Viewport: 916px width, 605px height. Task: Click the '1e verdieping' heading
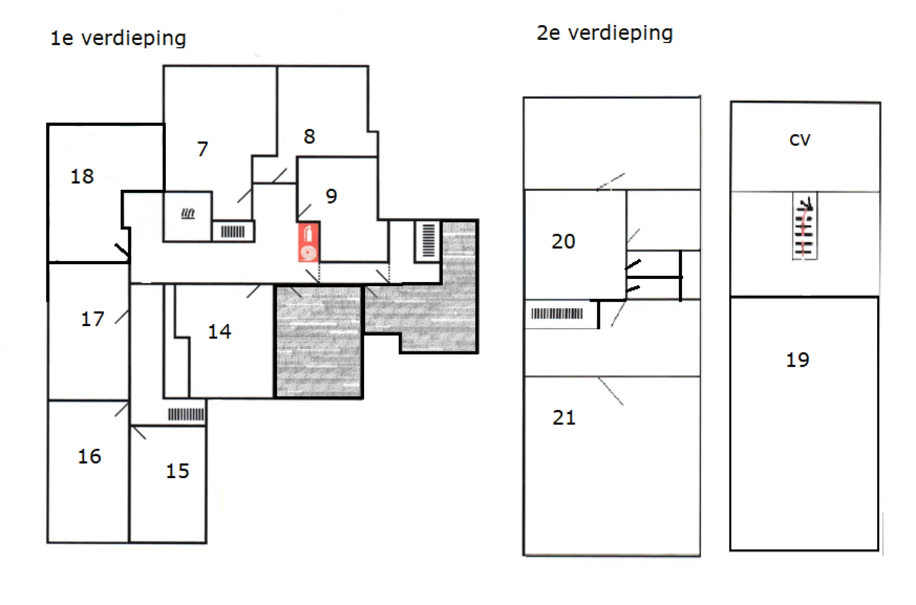point(118,38)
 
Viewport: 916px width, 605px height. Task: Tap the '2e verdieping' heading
point(605,33)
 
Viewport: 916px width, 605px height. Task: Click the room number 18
point(82,176)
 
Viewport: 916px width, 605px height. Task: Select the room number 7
point(202,149)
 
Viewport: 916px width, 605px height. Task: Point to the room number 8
point(309,136)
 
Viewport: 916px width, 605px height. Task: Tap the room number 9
point(331,196)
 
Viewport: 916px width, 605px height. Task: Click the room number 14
point(219,331)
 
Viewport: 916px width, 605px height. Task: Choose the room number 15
point(177,471)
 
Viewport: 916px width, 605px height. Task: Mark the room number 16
point(89,456)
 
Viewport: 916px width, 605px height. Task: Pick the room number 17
point(93,319)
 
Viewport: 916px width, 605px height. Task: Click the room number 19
point(797,360)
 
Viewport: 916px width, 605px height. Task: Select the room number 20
point(563,241)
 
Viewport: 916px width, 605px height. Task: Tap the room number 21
point(564,418)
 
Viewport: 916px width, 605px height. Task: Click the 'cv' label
point(800,140)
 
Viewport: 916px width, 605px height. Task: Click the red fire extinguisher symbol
point(308,242)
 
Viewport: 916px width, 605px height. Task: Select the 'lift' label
point(188,213)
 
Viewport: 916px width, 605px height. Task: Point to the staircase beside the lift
point(233,232)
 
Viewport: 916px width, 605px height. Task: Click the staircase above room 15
point(186,414)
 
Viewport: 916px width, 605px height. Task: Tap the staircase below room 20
point(557,314)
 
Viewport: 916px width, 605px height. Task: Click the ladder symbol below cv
point(805,226)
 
